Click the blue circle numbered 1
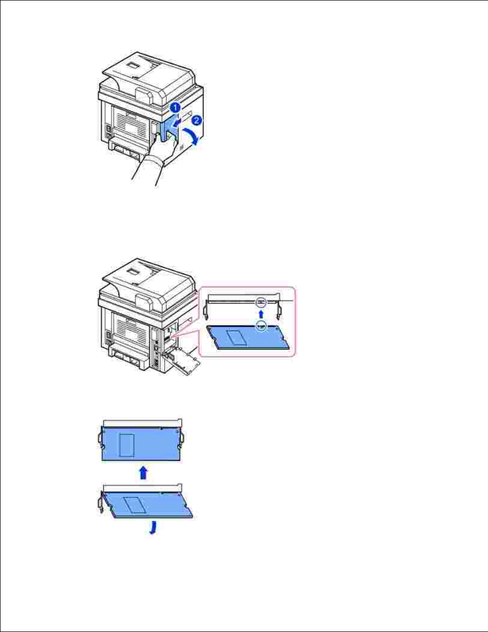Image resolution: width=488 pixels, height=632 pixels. click(x=174, y=107)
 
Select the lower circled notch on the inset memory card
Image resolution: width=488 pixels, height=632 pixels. click(x=261, y=325)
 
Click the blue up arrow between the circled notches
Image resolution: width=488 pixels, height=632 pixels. click(x=261, y=313)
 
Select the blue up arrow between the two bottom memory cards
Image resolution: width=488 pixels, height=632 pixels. click(x=144, y=472)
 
